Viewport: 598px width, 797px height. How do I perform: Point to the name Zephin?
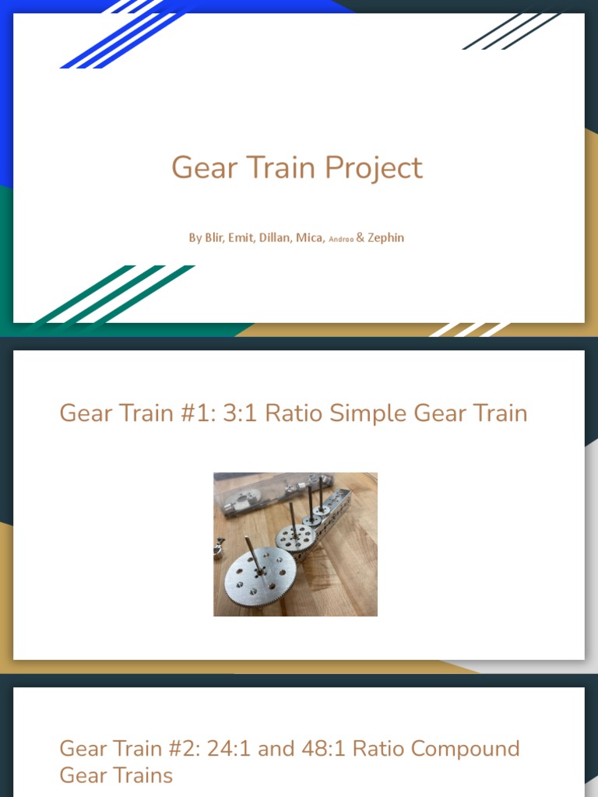pos(386,237)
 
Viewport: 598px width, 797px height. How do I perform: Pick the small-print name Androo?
pos(341,240)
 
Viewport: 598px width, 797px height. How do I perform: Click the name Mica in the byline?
pos(310,237)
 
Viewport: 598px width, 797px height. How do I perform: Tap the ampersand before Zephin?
pos(361,237)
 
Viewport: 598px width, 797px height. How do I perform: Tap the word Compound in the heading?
pos(465,749)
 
